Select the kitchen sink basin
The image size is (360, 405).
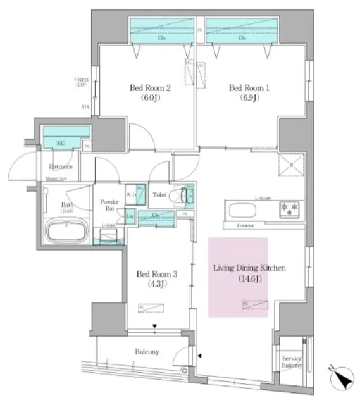coord(239,209)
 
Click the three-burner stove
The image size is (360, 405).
coord(292,208)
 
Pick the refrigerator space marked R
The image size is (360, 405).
coord(290,166)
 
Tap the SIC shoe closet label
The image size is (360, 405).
coord(60,144)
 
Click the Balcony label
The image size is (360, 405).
coord(147,352)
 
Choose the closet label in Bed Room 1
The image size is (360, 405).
coord(242,37)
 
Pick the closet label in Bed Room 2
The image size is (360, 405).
coord(161,37)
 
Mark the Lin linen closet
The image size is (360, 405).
coord(130,218)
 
